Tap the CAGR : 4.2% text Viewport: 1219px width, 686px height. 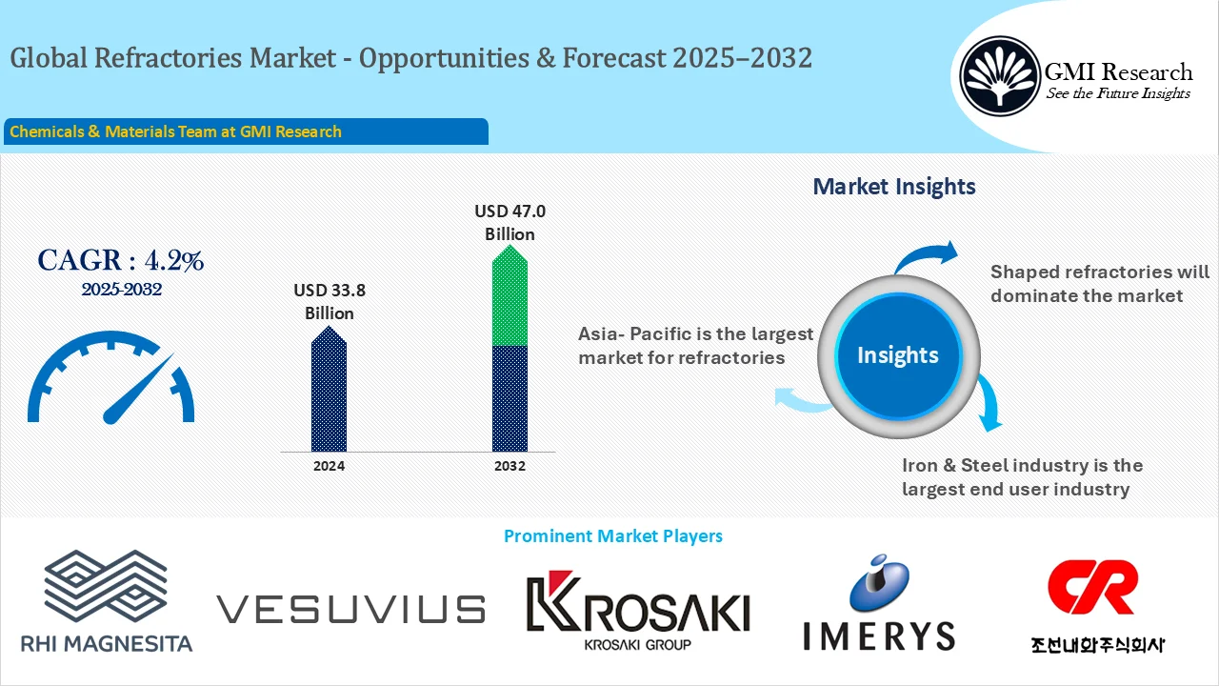(x=120, y=259)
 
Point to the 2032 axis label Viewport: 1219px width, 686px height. (x=510, y=466)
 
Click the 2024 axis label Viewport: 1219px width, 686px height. (x=329, y=466)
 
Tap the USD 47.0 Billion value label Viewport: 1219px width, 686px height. (x=510, y=222)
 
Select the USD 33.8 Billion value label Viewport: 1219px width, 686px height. (x=330, y=301)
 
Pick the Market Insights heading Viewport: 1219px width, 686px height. (x=893, y=186)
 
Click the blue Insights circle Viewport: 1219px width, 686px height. (x=897, y=355)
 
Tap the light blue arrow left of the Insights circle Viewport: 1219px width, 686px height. (x=800, y=400)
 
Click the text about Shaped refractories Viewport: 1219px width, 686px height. (x=1099, y=284)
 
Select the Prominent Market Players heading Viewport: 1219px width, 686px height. (x=612, y=536)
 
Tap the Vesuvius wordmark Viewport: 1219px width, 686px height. (x=350, y=609)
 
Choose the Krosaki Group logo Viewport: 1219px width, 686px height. (x=638, y=610)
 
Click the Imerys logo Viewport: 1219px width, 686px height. (x=878, y=605)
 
